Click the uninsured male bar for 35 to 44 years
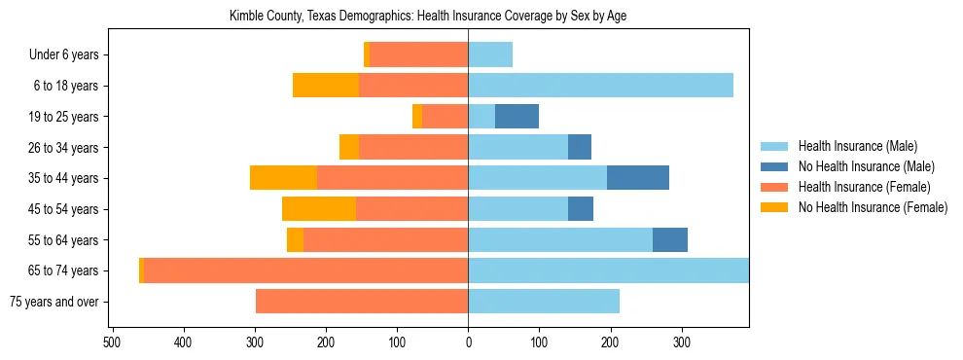(638, 178)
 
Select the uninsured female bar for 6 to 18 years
(326, 86)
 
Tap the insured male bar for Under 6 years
(490, 55)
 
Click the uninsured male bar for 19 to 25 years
(517, 117)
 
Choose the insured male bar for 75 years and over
(544, 302)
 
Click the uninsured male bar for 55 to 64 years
(670, 240)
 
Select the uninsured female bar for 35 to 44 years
(283, 178)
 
